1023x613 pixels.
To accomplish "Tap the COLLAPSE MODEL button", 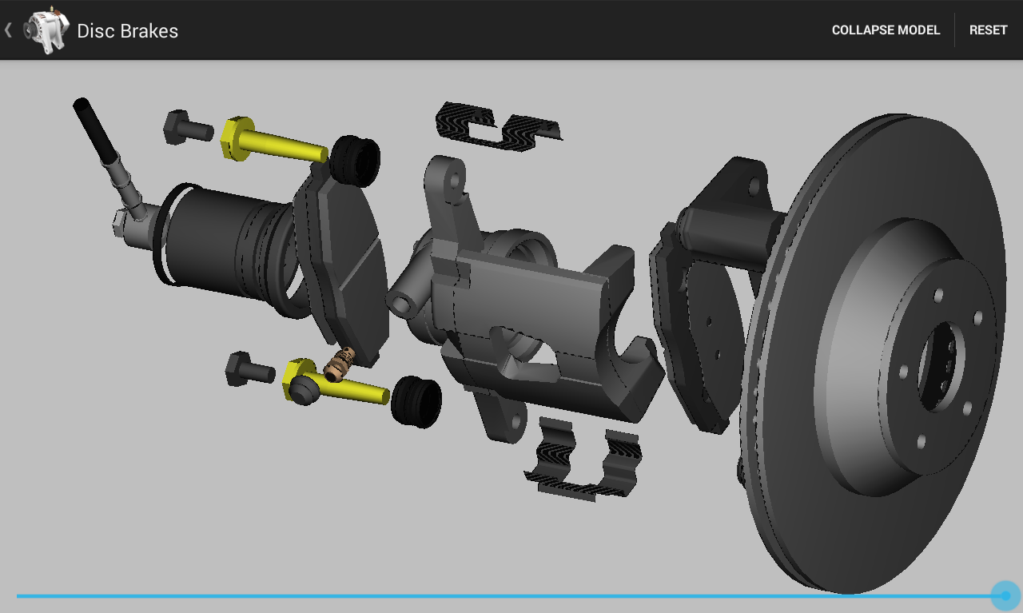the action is (886, 30).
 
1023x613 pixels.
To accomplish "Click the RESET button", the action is (988, 30).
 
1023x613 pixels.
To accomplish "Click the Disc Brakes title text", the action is (127, 31).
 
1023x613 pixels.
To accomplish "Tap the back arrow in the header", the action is (8, 30).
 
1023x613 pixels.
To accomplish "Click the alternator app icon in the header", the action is (46, 30).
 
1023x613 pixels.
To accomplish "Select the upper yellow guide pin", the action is (274, 140).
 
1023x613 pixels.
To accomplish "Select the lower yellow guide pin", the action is (336, 382).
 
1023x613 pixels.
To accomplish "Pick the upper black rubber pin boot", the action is (355, 161).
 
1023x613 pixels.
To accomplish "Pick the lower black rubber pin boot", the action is (416, 402).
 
